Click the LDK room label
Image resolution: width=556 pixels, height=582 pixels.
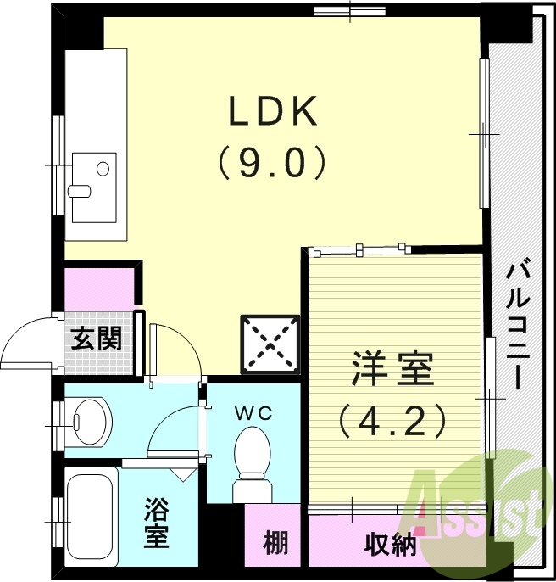coord(272,111)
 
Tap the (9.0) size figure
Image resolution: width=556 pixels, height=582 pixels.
coord(272,162)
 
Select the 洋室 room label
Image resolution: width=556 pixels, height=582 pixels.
coord(392,371)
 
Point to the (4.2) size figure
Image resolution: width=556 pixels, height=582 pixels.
coord(392,419)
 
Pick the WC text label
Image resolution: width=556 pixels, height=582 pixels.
coord(253,413)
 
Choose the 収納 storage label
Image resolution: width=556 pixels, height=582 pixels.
coord(391,544)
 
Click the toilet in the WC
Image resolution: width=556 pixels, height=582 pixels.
coord(251,462)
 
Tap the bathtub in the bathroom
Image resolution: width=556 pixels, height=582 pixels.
coord(91,517)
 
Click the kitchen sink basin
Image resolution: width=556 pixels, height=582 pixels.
coord(93,177)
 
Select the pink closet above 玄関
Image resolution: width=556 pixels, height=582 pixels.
coord(100,288)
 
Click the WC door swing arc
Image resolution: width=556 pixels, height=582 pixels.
coord(174,428)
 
